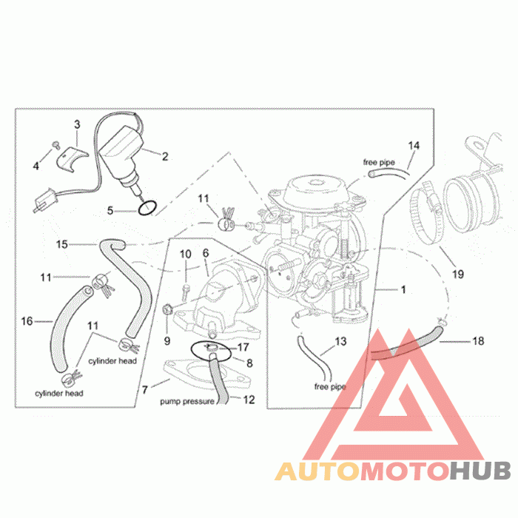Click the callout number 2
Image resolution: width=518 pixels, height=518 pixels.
tap(165, 156)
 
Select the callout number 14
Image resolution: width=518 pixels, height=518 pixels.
tap(414, 146)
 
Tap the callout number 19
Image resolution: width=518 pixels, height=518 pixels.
tap(458, 275)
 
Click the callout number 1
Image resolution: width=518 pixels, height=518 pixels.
tap(403, 289)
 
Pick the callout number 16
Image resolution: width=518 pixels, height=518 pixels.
tap(27, 321)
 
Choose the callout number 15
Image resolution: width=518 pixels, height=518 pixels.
tap(62, 243)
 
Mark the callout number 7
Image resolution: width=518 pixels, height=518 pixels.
tap(144, 388)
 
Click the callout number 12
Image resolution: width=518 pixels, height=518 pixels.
tap(249, 400)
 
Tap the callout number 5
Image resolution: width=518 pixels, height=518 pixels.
tap(110, 210)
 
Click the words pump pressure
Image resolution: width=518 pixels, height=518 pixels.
tap(187, 402)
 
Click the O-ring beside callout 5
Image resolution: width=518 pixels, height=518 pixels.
tap(147, 207)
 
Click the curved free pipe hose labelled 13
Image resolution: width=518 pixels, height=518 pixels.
tap(310, 354)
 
